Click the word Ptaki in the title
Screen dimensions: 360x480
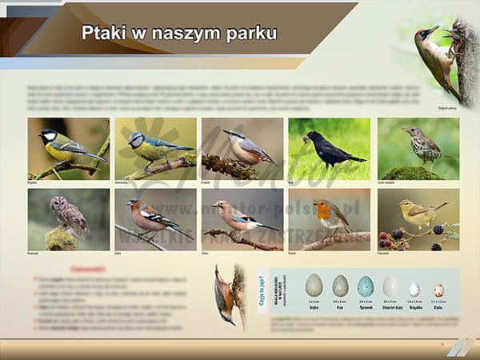point(103,33)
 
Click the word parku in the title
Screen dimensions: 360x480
point(248,34)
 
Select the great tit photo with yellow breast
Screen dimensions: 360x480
point(69,149)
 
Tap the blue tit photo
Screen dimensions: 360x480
point(155,149)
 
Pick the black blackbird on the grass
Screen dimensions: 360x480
point(329,149)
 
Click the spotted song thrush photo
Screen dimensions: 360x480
point(418,149)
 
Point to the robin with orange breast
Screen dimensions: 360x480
point(330,217)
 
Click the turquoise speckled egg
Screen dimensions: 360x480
point(366,286)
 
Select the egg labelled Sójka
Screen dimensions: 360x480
point(314,285)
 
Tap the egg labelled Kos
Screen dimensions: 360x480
point(340,286)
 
